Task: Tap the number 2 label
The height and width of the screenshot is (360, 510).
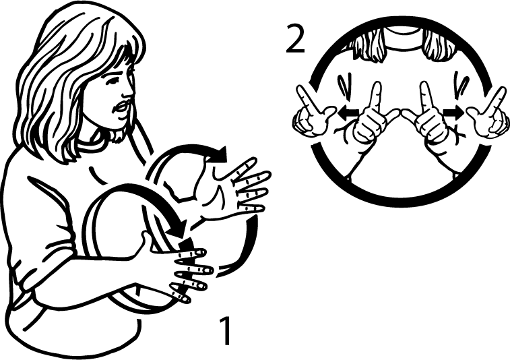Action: [x=294, y=41]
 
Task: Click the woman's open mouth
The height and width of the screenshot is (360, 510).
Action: [x=122, y=108]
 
